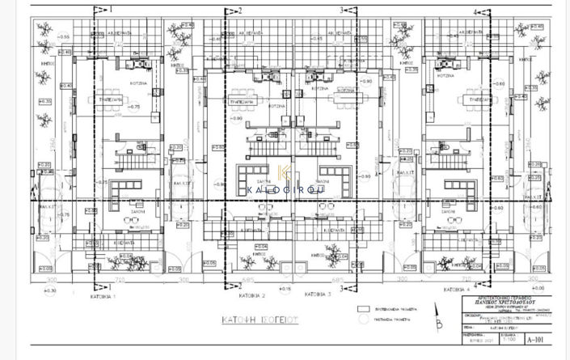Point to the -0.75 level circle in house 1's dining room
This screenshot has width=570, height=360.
(x=133, y=107)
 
